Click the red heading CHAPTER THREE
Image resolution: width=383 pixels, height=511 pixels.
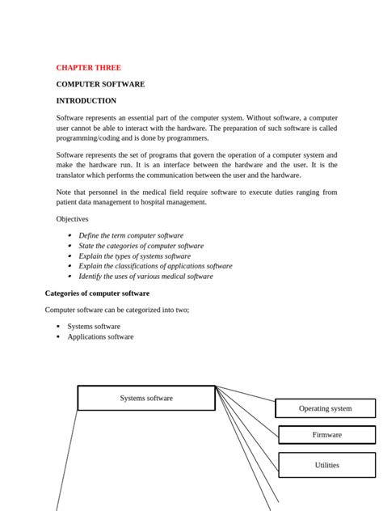(88, 68)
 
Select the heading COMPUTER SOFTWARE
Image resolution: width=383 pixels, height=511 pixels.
(100, 84)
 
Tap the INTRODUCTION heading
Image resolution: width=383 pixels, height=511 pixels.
(86, 101)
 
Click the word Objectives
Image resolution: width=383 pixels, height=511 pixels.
(72, 219)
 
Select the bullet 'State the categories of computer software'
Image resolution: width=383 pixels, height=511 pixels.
(141, 246)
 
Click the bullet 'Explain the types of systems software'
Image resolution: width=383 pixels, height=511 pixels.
(134, 255)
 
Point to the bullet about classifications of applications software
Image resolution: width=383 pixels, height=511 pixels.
(154, 266)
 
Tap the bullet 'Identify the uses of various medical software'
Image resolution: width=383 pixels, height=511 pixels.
(145, 276)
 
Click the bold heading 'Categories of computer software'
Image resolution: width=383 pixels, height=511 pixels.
(97, 293)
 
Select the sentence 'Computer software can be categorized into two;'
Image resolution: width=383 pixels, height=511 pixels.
(116, 310)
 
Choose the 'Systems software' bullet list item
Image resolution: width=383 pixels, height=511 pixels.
(94, 327)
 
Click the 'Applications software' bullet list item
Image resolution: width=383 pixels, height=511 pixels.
(100, 336)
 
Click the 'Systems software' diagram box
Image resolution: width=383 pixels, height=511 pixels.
(146, 398)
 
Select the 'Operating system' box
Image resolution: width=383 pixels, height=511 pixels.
(325, 408)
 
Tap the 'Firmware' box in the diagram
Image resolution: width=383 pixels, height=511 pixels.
(326, 435)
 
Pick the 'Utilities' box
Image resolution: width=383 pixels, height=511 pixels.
(326, 465)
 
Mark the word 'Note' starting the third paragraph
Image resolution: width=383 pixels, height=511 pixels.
(64, 192)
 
